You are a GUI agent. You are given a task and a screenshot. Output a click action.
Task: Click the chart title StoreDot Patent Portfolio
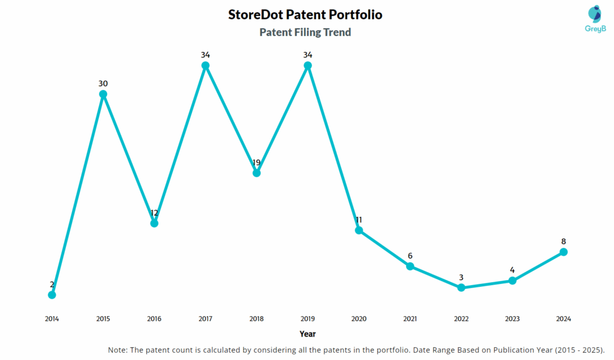click(x=305, y=14)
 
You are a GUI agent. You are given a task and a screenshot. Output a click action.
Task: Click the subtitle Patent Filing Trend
click(x=305, y=32)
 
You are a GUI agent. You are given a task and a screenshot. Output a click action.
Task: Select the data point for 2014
click(x=52, y=295)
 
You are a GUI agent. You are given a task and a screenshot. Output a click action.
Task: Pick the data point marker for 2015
click(x=103, y=94)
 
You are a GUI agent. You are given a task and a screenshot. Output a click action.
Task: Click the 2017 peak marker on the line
click(x=205, y=65)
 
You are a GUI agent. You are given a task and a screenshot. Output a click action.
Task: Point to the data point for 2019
click(x=308, y=65)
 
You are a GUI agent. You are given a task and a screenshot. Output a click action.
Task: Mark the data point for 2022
click(x=461, y=288)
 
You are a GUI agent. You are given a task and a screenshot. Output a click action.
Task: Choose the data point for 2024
click(x=564, y=252)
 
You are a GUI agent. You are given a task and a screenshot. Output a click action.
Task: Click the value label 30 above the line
click(x=103, y=83)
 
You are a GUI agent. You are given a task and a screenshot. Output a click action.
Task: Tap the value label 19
click(x=257, y=162)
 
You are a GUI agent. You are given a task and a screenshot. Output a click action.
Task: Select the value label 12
click(x=154, y=213)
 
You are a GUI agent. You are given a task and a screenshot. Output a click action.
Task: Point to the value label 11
click(x=359, y=220)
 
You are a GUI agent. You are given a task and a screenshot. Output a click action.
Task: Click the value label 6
click(x=410, y=256)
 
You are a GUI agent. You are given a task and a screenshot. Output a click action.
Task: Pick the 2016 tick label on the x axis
click(x=154, y=319)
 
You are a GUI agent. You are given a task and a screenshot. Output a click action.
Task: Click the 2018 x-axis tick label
click(x=257, y=319)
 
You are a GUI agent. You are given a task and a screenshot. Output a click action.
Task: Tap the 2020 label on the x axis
click(x=359, y=319)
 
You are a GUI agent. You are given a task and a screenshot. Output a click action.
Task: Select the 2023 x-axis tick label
click(x=512, y=319)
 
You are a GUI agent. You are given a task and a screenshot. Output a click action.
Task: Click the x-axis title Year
click(x=308, y=334)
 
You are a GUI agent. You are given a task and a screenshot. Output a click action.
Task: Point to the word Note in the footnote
click(x=118, y=350)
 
